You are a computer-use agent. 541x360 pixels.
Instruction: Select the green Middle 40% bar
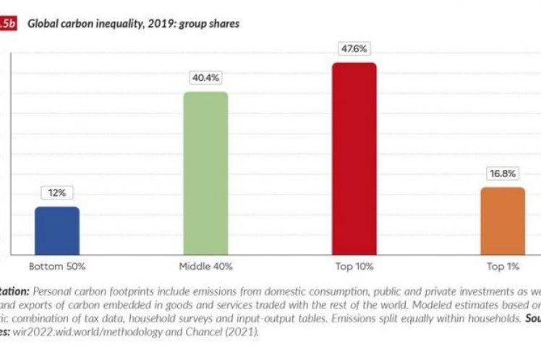point(205,173)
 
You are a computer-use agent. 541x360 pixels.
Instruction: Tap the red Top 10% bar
point(354,158)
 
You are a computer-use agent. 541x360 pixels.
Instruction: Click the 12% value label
point(57,193)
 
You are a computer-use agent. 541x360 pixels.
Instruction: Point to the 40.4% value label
point(205,78)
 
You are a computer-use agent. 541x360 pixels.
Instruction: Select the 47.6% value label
point(354,49)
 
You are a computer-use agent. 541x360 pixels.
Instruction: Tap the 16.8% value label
point(503,173)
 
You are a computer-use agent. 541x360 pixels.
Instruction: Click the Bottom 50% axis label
point(57,267)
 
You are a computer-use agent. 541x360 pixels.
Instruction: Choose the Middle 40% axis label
point(205,267)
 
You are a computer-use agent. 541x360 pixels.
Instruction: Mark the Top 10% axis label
point(354,267)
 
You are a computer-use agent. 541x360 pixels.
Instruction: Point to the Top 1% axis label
point(503,267)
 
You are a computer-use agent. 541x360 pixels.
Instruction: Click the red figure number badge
point(7,24)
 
